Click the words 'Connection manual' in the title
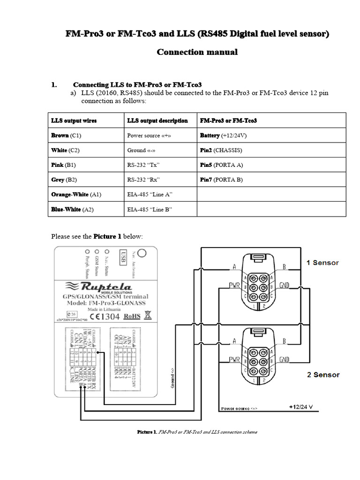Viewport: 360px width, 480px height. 197,52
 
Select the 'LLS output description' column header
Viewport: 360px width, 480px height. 157,120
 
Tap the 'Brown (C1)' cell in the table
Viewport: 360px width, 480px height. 66,135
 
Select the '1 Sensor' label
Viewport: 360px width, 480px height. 322,262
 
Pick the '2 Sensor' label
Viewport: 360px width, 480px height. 322,375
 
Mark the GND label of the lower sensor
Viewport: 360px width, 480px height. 285,360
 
